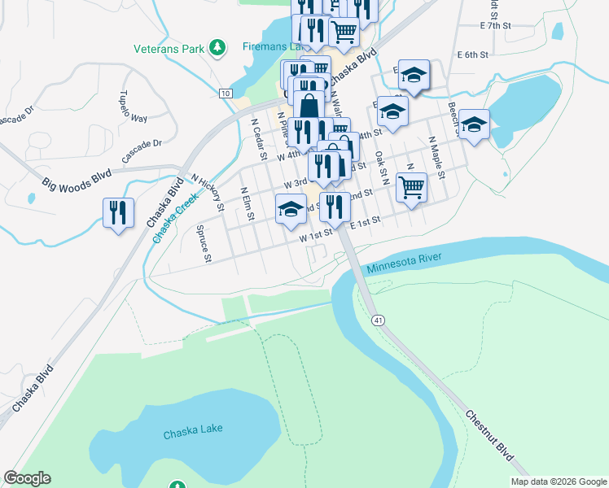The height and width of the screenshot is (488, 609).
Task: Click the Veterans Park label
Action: pos(169,49)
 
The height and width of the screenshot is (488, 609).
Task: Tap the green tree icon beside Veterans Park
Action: pos(217,48)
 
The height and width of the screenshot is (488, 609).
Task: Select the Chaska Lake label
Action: pos(192,430)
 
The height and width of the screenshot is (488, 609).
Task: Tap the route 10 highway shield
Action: pos(224,94)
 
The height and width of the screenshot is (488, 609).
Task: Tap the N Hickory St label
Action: pos(207,191)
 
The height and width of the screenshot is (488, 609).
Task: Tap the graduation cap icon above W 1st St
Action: pos(291,209)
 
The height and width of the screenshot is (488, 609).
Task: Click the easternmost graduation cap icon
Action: pos(474,124)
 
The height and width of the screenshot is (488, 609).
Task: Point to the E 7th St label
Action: pos(495,26)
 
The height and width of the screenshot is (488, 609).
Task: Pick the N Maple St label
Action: pos(437,159)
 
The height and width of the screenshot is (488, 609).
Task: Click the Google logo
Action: pos(27,478)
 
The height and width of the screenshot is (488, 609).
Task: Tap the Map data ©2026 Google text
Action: pos(558,481)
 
